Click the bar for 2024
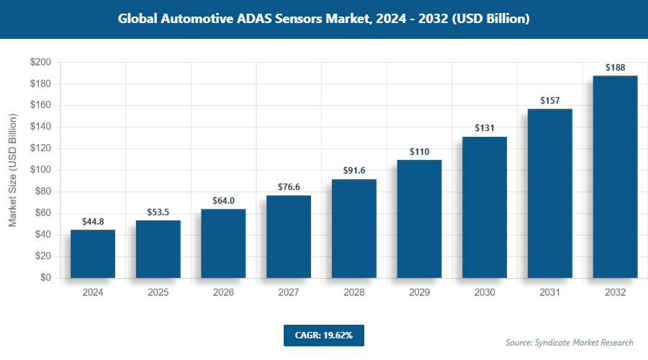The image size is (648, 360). [93, 253]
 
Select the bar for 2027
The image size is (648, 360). [289, 236]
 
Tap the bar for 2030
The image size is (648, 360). [485, 207]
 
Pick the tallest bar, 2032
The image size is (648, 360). [615, 176]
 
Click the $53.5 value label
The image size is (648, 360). [158, 211]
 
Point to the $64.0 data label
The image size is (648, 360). [223, 200]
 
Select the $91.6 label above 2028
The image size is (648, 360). [354, 171]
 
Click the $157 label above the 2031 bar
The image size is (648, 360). [549, 100]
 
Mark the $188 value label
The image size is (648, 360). [615, 67]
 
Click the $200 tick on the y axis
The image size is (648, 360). [40, 63]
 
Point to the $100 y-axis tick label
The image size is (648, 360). [40, 170]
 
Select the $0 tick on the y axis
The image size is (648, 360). [45, 278]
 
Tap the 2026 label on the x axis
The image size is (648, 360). [223, 293]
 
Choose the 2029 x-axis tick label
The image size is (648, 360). [419, 293]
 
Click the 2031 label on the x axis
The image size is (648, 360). [549, 293]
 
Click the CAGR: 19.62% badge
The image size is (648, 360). [324, 336]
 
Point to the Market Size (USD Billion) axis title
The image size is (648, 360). [12, 170]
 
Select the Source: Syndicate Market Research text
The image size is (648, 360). [570, 343]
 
